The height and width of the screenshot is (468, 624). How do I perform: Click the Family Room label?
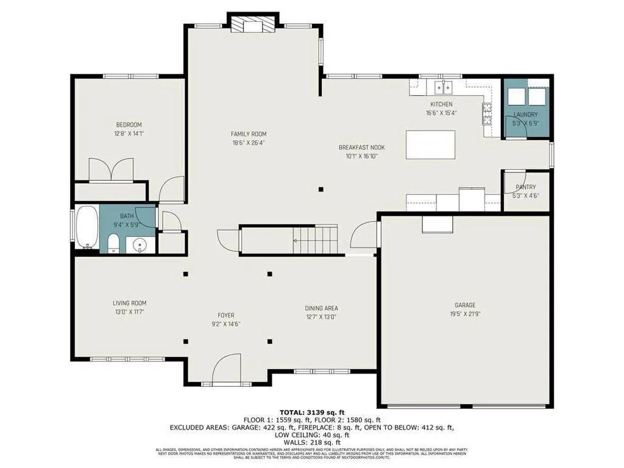coord(248,134)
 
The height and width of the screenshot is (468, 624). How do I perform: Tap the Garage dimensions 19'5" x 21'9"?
coord(465,314)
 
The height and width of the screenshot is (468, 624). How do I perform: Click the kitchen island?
coord(430,144)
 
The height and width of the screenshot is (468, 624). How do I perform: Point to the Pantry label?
coord(525,187)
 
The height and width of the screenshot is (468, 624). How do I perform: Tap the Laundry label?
coord(525,115)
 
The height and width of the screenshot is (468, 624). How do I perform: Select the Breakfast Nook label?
coord(361,147)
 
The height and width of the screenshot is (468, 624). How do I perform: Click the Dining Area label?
coord(321,308)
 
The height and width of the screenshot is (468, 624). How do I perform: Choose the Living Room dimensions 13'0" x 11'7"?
coord(129,312)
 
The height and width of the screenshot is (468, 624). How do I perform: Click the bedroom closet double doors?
coord(111,169)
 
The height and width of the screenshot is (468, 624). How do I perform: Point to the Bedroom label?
coord(129,125)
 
